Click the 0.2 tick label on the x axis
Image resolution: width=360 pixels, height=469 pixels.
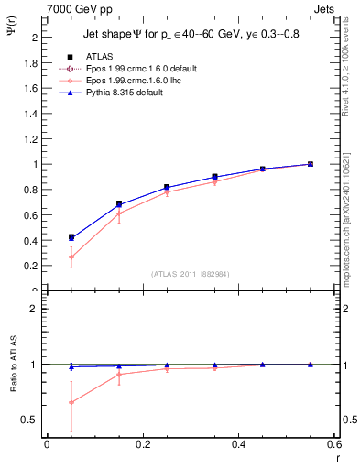click(142, 445)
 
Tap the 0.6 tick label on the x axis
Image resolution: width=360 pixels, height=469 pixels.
click(333, 445)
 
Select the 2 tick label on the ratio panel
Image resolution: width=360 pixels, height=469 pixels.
click(34, 309)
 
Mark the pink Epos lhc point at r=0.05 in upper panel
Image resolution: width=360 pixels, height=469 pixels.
click(71, 257)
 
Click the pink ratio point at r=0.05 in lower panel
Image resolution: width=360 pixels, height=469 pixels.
click(71, 402)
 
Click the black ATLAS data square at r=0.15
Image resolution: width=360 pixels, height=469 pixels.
click(119, 203)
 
